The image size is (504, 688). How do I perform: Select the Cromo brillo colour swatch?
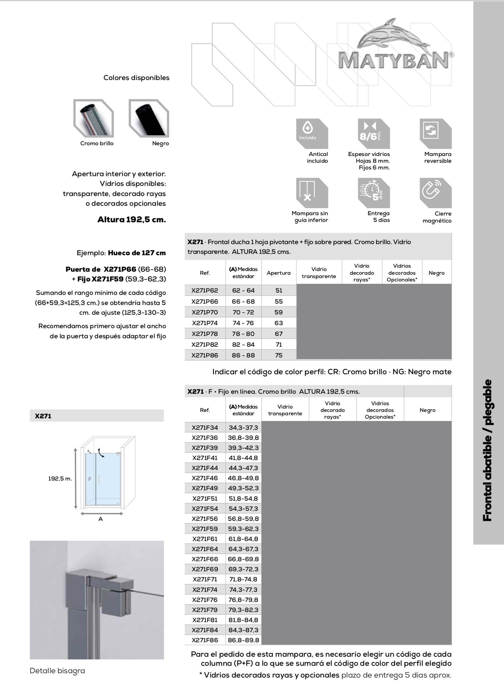click(x=94, y=118)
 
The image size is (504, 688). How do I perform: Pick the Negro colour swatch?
click(x=149, y=118)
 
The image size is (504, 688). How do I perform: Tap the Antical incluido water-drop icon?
click(x=312, y=133)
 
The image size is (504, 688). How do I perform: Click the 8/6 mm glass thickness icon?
click(x=374, y=133)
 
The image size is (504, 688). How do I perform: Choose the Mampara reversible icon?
click(x=435, y=133)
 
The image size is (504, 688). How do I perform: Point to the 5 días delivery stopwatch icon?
click(x=374, y=193)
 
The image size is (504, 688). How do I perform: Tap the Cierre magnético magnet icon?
click(x=435, y=193)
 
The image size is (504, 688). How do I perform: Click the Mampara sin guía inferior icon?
click(x=312, y=193)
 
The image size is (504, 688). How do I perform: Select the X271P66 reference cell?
click(x=205, y=301)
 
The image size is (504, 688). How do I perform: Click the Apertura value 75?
click(x=279, y=355)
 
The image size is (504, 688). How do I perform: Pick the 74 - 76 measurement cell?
click(x=243, y=323)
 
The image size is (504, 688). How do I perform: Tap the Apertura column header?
click(x=279, y=273)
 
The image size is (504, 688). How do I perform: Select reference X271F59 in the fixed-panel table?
click(x=205, y=529)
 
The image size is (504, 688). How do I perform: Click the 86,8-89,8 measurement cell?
click(x=243, y=640)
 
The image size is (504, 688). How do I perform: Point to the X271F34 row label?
click(x=205, y=427)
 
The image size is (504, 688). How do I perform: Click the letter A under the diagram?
click(x=100, y=519)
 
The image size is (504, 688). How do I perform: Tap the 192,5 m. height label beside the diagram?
click(x=60, y=479)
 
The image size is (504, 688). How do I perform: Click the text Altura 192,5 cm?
click(x=131, y=220)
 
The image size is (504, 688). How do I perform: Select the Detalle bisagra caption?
click(x=57, y=671)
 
